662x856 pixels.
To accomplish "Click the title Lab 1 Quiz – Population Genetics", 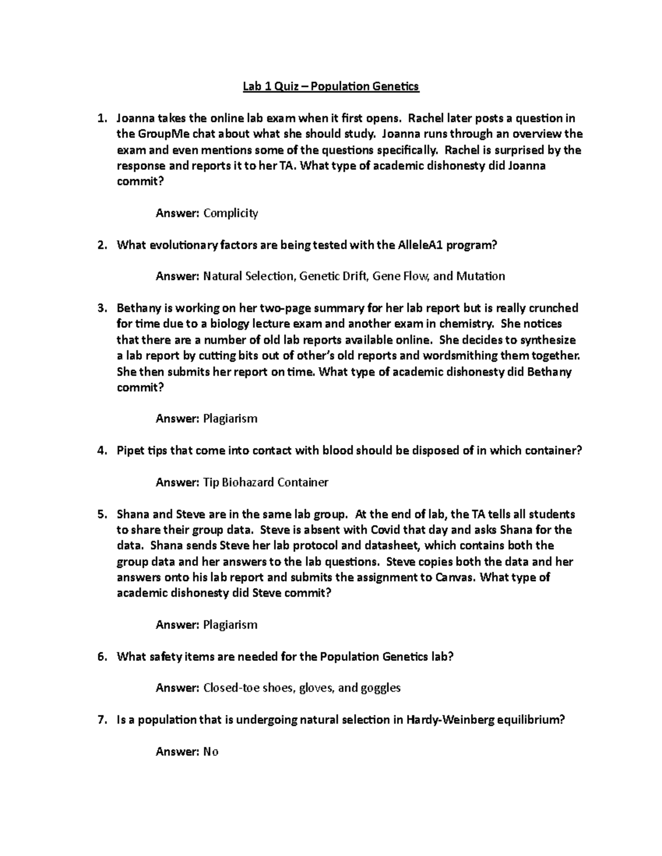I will pyautogui.click(x=331, y=87).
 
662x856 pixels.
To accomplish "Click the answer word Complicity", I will pyautogui.click(x=231, y=213).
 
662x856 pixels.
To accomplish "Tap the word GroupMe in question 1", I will pyautogui.click(x=160, y=134).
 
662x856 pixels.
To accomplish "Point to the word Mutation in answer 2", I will pyautogui.click(x=480, y=276).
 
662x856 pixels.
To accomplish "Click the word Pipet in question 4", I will pyautogui.click(x=130, y=451).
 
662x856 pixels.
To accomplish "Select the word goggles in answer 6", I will pyautogui.click(x=380, y=688).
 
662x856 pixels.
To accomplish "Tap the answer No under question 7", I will pyautogui.click(x=211, y=752).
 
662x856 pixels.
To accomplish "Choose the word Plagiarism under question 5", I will pyautogui.click(x=231, y=625).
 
